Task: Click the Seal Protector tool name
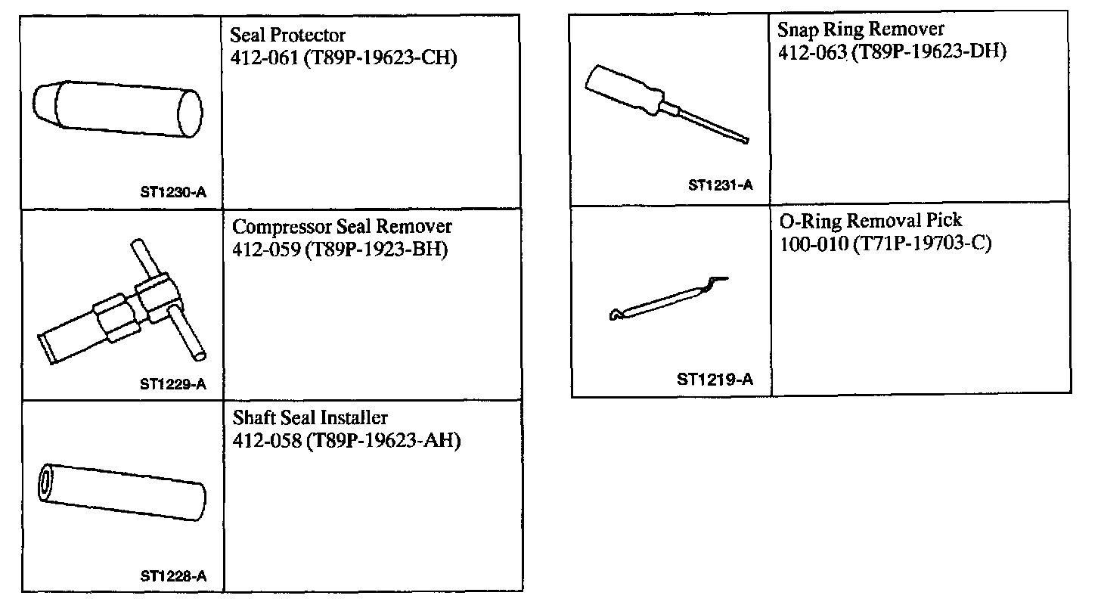[x=288, y=35]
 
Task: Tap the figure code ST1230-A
[x=172, y=192]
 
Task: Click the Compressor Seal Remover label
[x=342, y=227]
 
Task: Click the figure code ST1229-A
[x=172, y=383]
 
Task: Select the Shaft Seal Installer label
[x=310, y=417]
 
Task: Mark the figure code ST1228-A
[x=172, y=575]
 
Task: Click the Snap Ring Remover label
[x=861, y=29]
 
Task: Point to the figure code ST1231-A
[x=720, y=185]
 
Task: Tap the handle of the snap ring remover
[x=624, y=89]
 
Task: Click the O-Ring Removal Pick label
[x=870, y=221]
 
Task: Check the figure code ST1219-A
[x=715, y=380]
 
